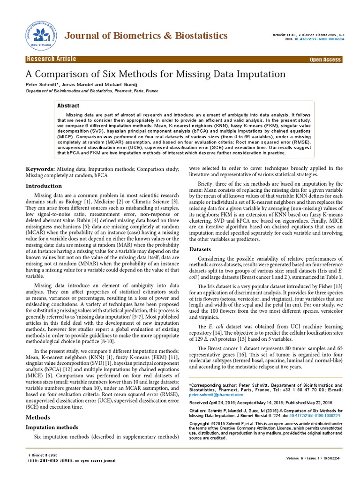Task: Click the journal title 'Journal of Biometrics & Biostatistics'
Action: tap(146, 36)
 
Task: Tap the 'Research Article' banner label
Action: tap(52, 59)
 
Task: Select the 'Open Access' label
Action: tap(325, 60)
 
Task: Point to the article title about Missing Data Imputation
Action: tap(155, 74)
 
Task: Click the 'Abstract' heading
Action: tap(68, 105)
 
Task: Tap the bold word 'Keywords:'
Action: tap(40, 168)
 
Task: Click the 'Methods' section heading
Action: tap(37, 417)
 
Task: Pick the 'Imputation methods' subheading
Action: tap(52, 427)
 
